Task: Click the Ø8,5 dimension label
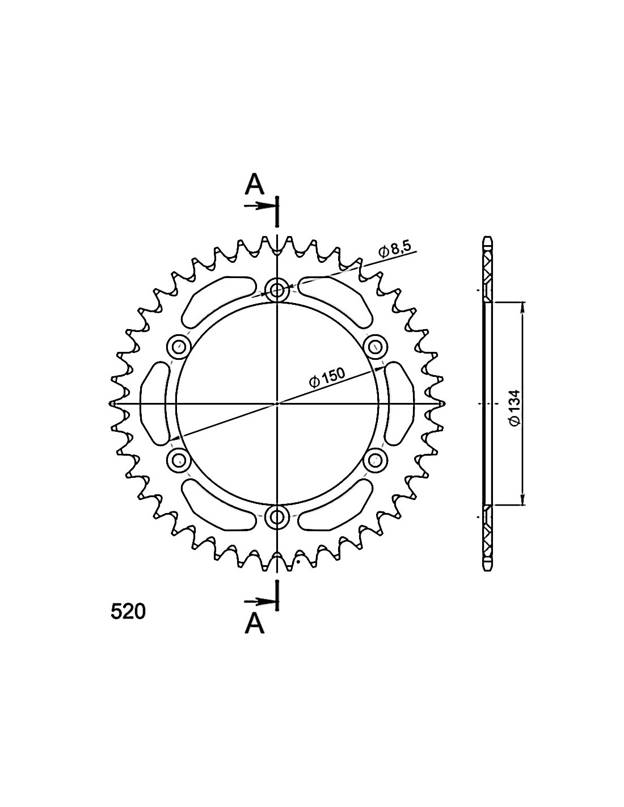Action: (x=395, y=250)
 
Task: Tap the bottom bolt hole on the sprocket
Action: (x=277, y=516)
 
